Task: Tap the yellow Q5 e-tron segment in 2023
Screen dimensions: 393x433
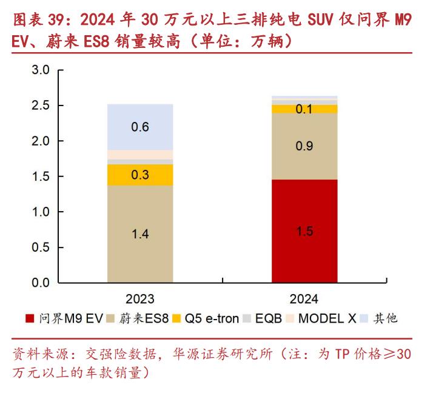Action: (x=140, y=175)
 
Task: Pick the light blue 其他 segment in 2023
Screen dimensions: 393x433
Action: (x=140, y=127)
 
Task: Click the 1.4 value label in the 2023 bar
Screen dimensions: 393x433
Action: (x=140, y=234)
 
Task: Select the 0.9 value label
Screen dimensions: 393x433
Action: (x=304, y=146)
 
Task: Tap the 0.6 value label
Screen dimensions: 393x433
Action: (x=140, y=127)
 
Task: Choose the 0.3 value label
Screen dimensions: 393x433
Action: (x=140, y=175)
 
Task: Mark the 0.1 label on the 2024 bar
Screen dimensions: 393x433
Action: (x=304, y=109)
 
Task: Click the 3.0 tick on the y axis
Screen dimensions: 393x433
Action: (x=41, y=70)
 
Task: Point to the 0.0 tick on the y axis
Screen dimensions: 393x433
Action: (x=41, y=283)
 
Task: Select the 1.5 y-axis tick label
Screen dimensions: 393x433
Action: (x=41, y=176)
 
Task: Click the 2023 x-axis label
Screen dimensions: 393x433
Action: (x=140, y=299)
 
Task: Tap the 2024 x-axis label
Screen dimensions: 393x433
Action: (x=304, y=299)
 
